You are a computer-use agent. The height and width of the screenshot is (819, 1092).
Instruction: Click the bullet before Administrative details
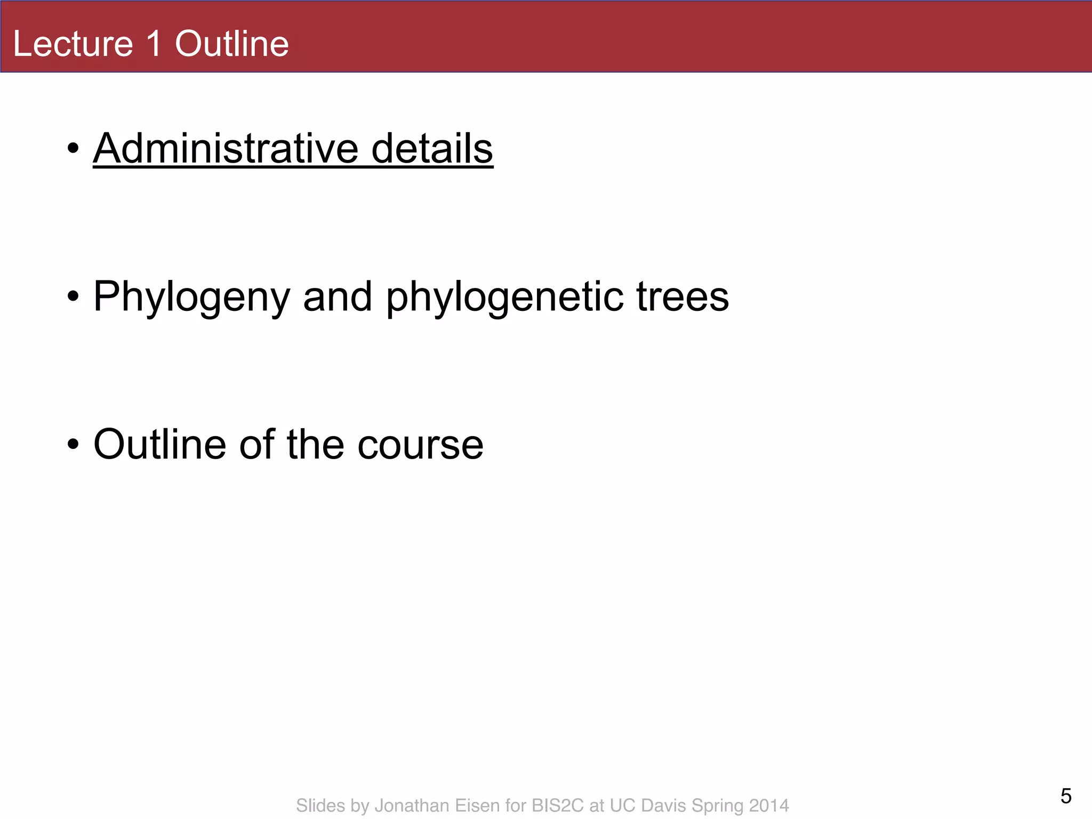point(74,149)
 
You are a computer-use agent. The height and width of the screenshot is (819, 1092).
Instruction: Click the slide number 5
point(1066,796)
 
